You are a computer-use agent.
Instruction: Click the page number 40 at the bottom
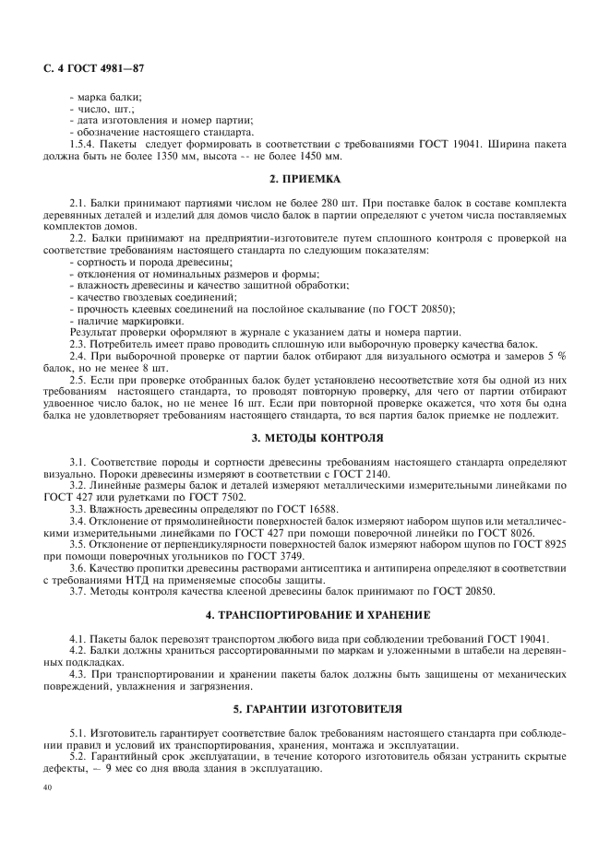(49, 789)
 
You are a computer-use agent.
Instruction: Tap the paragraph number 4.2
(79, 650)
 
